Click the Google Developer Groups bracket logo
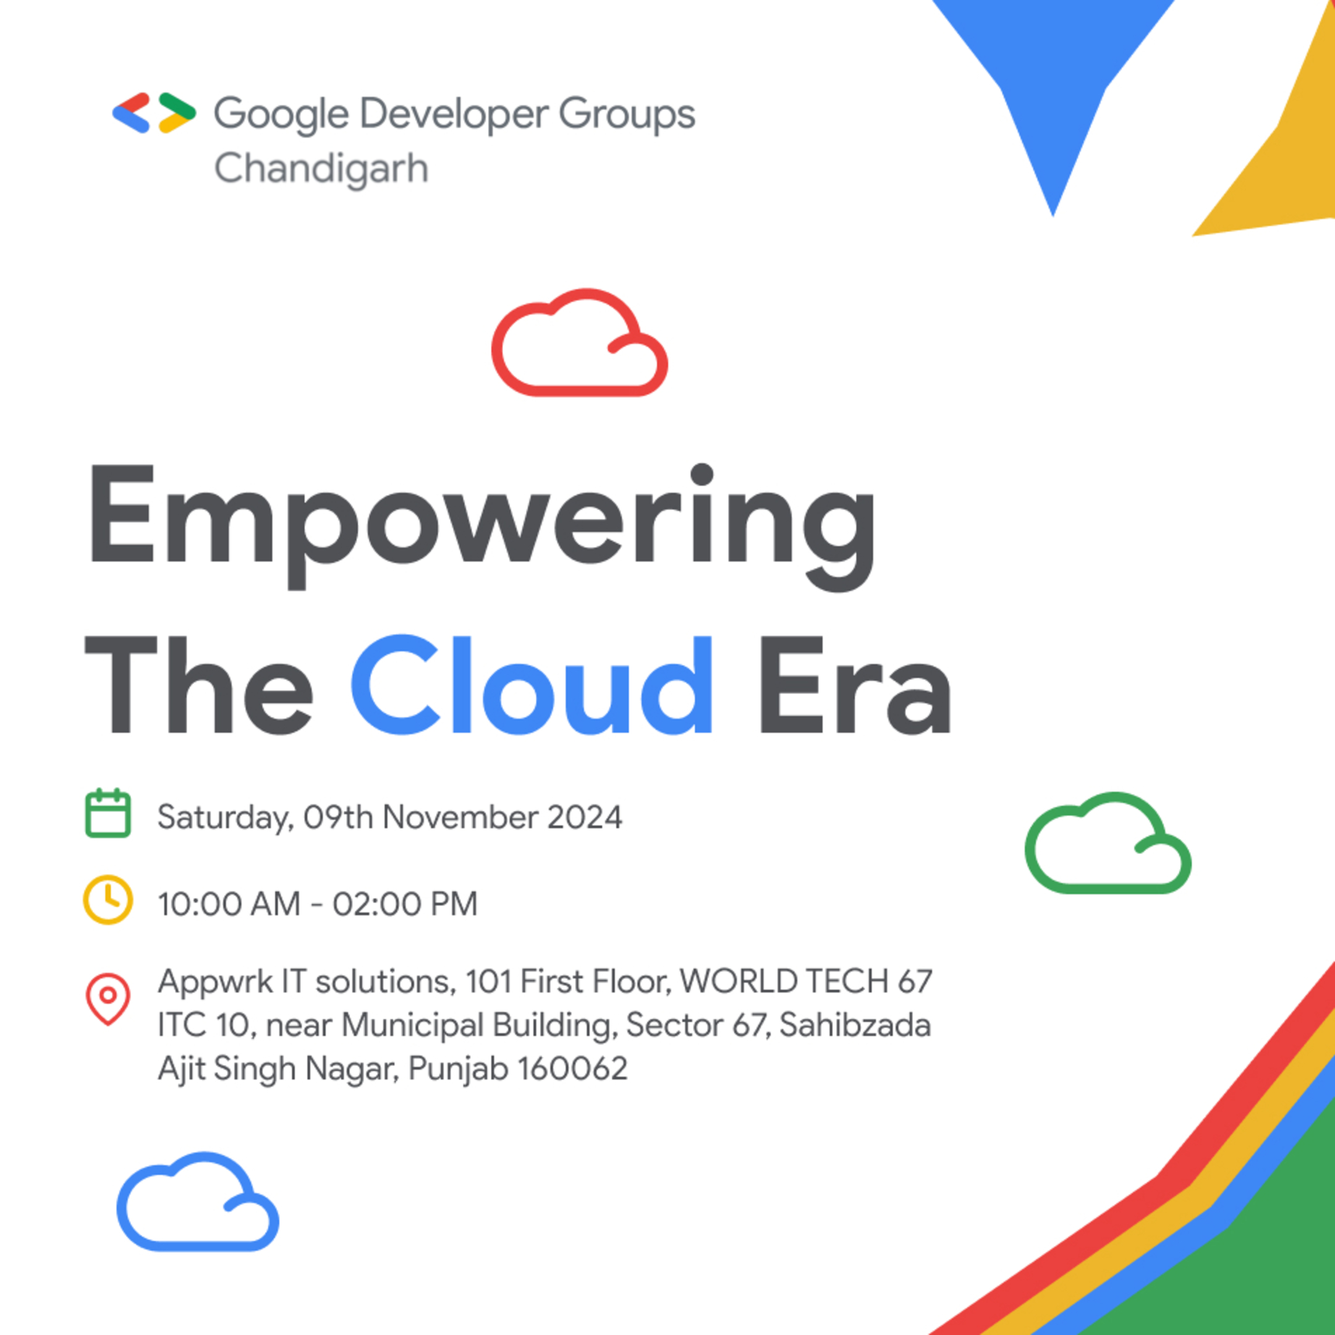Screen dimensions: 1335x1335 point(153,112)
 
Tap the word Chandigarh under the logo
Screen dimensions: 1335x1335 point(321,169)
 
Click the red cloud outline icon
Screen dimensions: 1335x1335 point(579,344)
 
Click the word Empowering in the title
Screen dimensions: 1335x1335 point(481,525)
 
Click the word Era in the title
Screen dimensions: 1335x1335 point(855,686)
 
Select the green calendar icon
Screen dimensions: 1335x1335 point(108,813)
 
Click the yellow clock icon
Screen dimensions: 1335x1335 point(108,900)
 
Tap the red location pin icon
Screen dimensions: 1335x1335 point(108,999)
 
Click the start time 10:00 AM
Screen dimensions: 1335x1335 point(229,904)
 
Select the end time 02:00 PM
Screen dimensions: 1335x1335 point(405,904)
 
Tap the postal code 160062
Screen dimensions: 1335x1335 point(572,1068)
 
